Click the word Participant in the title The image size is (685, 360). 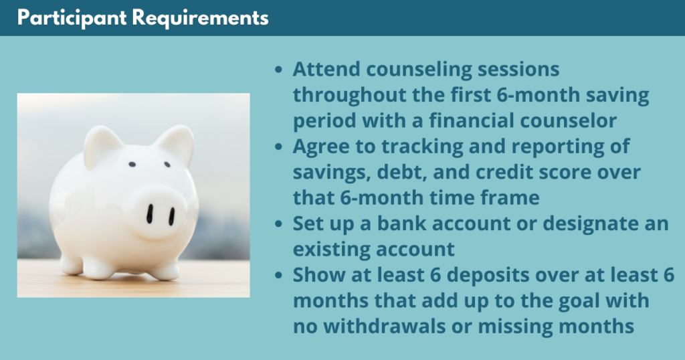point(72,18)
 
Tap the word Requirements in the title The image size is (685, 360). point(200,18)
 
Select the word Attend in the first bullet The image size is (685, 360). point(326,69)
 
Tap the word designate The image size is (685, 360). point(589,223)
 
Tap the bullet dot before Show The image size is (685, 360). point(279,276)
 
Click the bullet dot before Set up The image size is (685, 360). point(279,224)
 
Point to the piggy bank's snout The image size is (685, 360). point(160,214)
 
